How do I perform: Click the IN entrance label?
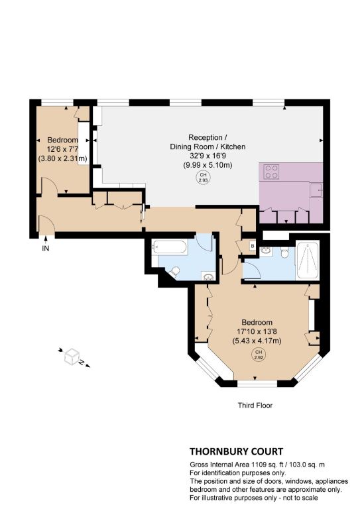(46, 249)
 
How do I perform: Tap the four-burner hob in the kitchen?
(271, 172)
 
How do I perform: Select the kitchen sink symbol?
(316, 190)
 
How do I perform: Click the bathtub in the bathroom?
(169, 247)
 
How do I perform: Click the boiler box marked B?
(253, 246)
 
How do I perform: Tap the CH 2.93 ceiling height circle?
(203, 177)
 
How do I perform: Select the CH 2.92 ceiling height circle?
(258, 355)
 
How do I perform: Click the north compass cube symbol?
(72, 357)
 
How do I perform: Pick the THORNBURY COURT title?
(236, 451)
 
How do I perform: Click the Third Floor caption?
(255, 405)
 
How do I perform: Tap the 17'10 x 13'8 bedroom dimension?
(257, 332)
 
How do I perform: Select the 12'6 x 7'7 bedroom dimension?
(62, 149)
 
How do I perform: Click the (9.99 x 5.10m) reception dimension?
(208, 165)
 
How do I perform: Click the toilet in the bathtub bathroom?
(174, 272)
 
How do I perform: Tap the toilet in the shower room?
(284, 253)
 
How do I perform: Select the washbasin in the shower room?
(267, 251)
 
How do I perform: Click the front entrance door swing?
(47, 224)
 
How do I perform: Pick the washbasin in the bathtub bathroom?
(208, 276)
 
